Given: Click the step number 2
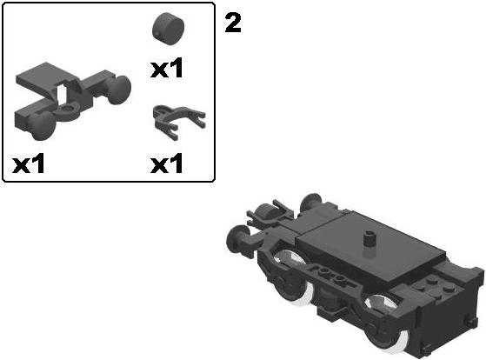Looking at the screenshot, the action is (233, 23).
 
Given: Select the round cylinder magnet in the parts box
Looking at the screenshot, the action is (169, 29).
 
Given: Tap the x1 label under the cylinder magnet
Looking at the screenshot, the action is (167, 68).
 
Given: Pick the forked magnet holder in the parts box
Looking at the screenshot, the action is (179, 122).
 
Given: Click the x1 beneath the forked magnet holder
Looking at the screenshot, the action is (167, 163).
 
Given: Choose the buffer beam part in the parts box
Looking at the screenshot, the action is (73, 101).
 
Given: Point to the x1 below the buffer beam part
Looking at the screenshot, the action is (29, 163).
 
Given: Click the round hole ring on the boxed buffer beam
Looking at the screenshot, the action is (68, 110).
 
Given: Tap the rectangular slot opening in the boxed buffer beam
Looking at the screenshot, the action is (63, 92).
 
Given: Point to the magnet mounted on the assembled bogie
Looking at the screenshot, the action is (269, 212).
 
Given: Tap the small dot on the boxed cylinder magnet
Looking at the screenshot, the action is (157, 34).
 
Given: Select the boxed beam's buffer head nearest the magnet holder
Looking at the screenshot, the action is (119, 90).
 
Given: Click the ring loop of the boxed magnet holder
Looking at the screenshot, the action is (160, 111).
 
